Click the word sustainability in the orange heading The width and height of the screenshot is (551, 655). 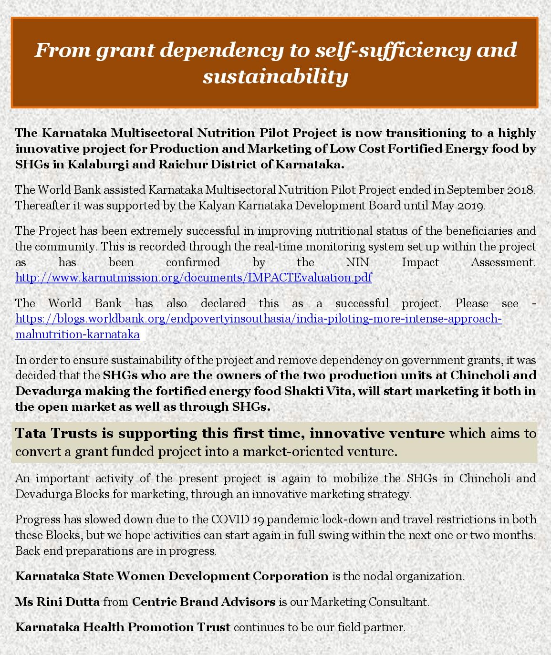(275, 76)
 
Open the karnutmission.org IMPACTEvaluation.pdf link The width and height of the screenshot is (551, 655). (193, 278)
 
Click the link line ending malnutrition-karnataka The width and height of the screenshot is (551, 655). (77, 334)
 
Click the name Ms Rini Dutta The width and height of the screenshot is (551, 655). (57, 602)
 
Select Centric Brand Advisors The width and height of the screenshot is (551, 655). (204, 602)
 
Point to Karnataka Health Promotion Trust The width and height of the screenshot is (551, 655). (123, 627)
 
